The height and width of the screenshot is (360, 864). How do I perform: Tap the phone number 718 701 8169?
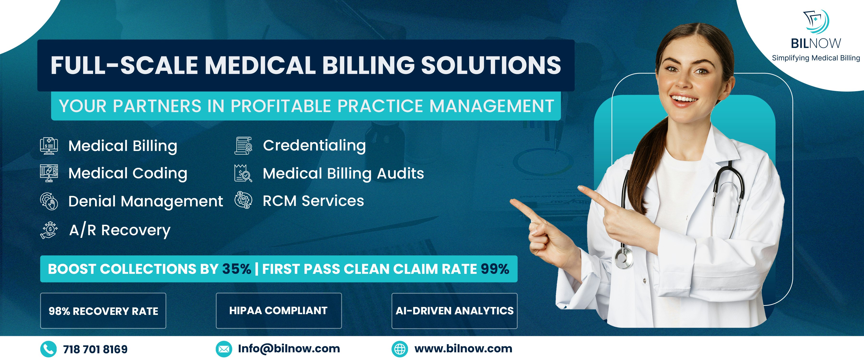click(x=95, y=349)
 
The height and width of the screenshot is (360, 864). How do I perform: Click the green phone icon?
click(x=48, y=349)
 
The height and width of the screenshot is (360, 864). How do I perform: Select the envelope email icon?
click(x=224, y=349)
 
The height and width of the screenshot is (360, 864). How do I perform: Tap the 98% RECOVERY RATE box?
click(x=103, y=311)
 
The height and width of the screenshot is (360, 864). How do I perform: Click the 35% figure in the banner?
click(x=236, y=269)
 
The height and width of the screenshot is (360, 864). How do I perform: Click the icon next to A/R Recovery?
click(x=49, y=230)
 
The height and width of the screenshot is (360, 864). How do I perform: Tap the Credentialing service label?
click(x=314, y=146)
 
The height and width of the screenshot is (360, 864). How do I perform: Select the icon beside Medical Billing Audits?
click(x=243, y=174)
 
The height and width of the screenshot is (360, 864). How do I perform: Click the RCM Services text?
click(x=313, y=201)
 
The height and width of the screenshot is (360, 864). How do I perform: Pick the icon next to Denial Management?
click(x=49, y=201)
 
